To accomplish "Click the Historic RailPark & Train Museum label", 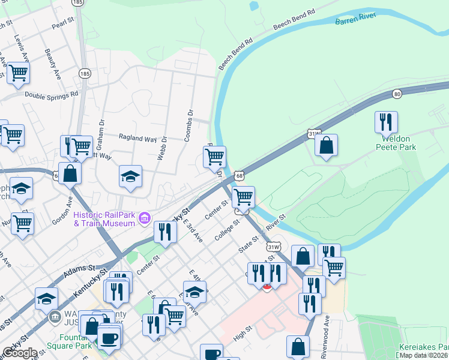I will pos(104,219).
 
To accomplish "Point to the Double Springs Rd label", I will pos(52,95).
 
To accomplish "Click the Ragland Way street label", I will pos(137,139).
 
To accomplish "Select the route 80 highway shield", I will pos(397,94).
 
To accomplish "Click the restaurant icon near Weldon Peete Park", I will pos(386,122).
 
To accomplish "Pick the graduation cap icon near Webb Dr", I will pos(130,176).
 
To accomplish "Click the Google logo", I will pos(20,353).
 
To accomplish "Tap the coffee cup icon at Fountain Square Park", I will pos(109,338).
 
